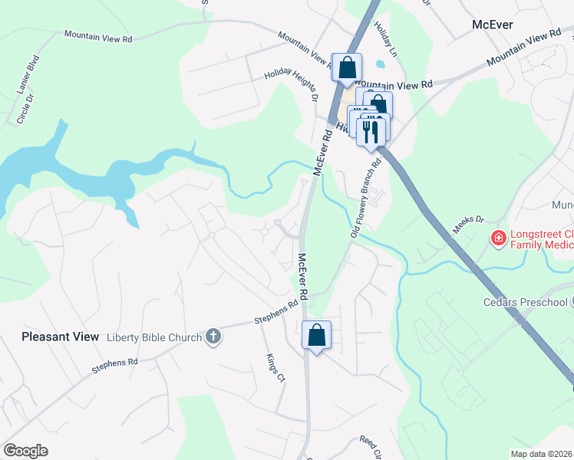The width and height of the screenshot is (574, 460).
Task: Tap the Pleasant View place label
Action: (x=61, y=337)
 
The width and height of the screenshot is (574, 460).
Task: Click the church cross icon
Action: (x=213, y=337)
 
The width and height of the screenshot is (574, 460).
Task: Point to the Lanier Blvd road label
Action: (x=28, y=74)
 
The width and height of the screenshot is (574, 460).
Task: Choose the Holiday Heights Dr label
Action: (x=291, y=84)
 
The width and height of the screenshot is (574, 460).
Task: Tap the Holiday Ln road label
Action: (x=384, y=37)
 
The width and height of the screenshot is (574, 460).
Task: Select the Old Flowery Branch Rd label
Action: (x=366, y=199)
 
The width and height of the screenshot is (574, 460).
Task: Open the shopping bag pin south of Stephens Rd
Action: (x=316, y=335)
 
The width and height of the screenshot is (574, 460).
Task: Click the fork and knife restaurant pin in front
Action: (x=372, y=130)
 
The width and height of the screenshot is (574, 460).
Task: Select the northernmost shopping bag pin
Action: (x=347, y=67)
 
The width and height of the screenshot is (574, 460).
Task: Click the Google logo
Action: (x=25, y=451)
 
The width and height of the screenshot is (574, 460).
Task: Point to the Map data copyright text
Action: (x=541, y=454)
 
